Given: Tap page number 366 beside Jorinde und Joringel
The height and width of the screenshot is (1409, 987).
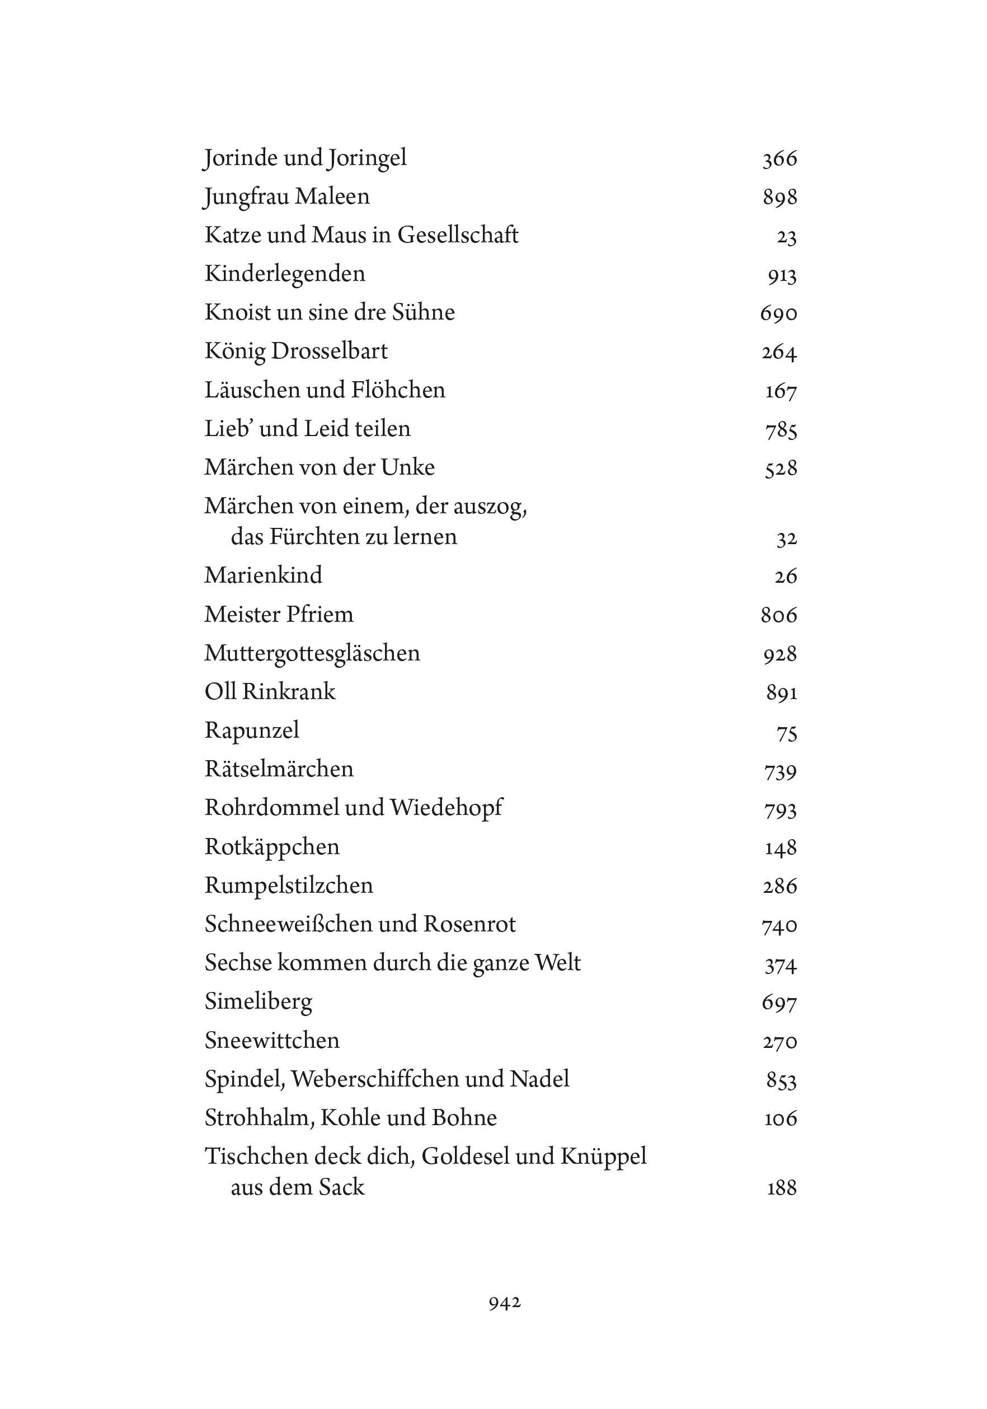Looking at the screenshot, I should [x=779, y=159].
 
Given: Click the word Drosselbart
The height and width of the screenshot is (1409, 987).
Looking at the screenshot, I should [x=330, y=351].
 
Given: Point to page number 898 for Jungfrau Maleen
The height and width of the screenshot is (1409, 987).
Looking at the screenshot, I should [x=779, y=198].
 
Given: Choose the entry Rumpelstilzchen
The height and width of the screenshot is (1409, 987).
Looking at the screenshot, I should [x=288, y=885].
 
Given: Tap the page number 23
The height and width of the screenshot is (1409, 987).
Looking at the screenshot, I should [x=786, y=237].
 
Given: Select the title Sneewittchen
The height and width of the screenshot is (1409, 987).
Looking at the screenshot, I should [x=272, y=1040].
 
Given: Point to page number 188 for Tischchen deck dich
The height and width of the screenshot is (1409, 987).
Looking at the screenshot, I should [x=782, y=1188].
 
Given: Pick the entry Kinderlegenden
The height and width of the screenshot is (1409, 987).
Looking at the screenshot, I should [x=285, y=274].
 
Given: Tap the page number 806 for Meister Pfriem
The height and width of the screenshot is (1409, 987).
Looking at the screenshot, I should [x=778, y=615].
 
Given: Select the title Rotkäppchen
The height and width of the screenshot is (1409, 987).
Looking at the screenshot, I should [x=272, y=847].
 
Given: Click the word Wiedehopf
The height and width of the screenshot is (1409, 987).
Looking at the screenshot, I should [x=446, y=808].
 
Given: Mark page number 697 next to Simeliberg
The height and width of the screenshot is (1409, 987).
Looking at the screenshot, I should [x=779, y=1003].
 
